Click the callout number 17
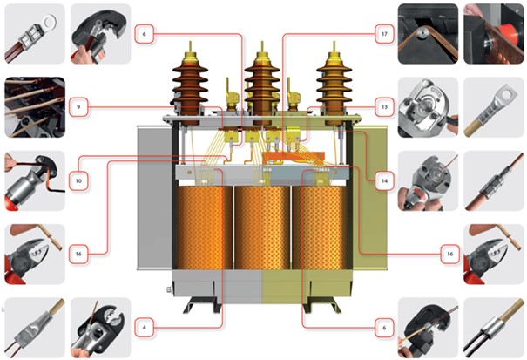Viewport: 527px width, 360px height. (382, 34)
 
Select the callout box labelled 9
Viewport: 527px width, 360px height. (78, 107)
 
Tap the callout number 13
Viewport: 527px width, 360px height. (382, 107)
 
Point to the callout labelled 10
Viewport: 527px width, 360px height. (78, 180)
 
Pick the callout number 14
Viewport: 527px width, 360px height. (382, 180)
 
